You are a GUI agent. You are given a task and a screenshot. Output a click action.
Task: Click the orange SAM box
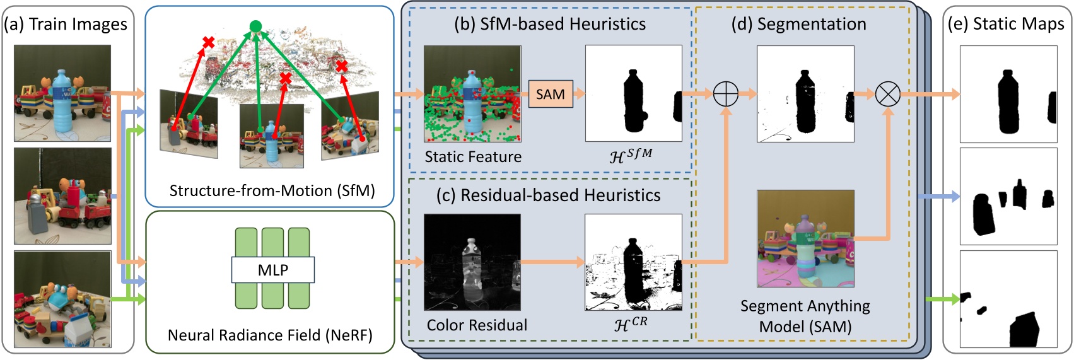[x=550, y=94]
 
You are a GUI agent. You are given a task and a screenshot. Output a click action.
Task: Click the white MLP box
[x=272, y=270]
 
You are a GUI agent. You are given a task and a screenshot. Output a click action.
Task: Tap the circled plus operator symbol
[x=725, y=95]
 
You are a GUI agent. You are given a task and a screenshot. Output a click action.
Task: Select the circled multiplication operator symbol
[x=888, y=95]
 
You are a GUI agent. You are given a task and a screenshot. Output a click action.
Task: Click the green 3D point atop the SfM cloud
[x=255, y=26]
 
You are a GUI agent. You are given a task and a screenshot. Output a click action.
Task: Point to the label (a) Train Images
[x=66, y=24]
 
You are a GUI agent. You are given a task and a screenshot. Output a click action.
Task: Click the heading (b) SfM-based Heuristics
[x=550, y=24]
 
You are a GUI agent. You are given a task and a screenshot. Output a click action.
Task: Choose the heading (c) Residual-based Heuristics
[x=548, y=195]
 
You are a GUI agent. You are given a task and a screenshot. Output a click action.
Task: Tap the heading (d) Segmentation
[x=798, y=24]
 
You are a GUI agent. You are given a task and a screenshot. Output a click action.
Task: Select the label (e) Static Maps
[x=1006, y=24]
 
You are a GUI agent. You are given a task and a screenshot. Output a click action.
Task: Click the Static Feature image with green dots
[x=472, y=93]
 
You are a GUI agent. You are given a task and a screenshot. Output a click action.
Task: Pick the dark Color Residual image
[x=472, y=262]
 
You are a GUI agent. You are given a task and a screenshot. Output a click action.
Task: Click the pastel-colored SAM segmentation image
[x=805, y=238]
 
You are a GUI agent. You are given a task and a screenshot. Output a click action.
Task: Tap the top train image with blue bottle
[x=62, y=93]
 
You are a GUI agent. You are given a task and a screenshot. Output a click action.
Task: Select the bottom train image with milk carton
[x=62, y=299]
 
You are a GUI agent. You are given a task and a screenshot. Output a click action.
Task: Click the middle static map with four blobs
[x=1008, y=196]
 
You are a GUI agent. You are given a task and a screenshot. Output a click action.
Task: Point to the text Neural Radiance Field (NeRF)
[x=270, y=335]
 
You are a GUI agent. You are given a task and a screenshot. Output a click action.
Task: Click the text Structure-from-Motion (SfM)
[x=272, y=190]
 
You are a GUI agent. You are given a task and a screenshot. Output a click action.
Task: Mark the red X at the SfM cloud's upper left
[x=208, y=42]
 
